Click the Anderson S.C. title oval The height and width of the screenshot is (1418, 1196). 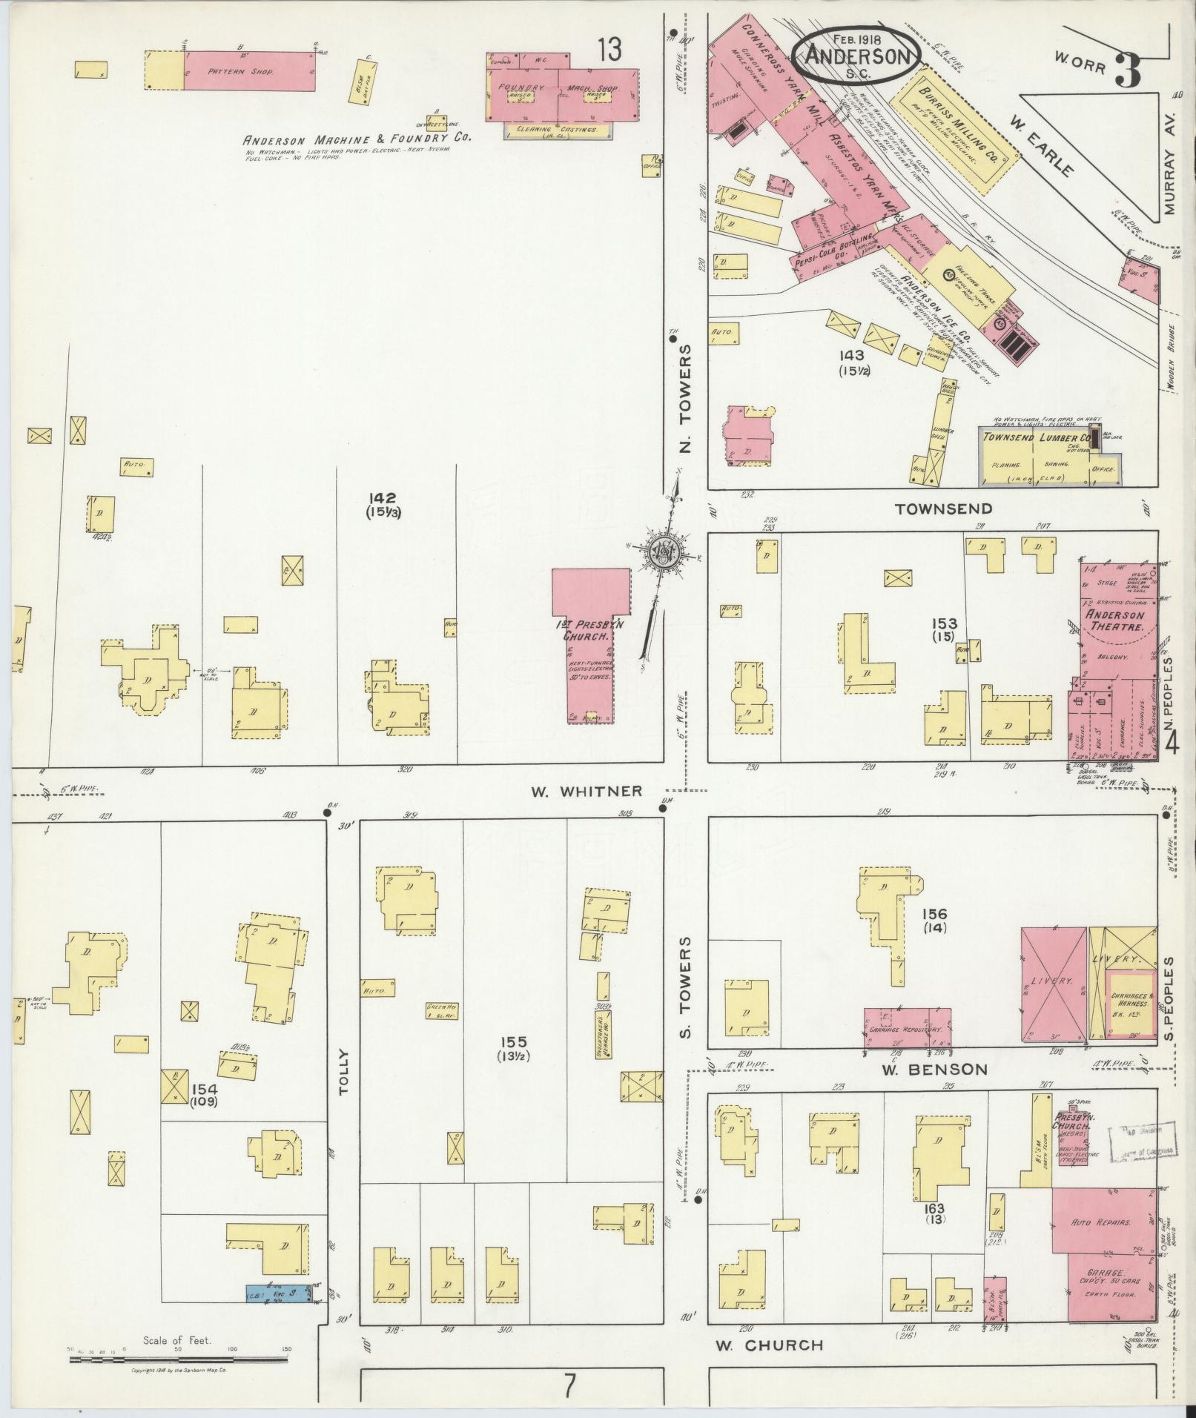(x=857, y=56)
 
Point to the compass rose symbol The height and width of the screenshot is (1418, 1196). (x=661, y=553)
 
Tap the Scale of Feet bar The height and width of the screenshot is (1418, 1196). (x=178, y=1359)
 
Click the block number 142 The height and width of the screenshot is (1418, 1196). (x=386, y=498)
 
